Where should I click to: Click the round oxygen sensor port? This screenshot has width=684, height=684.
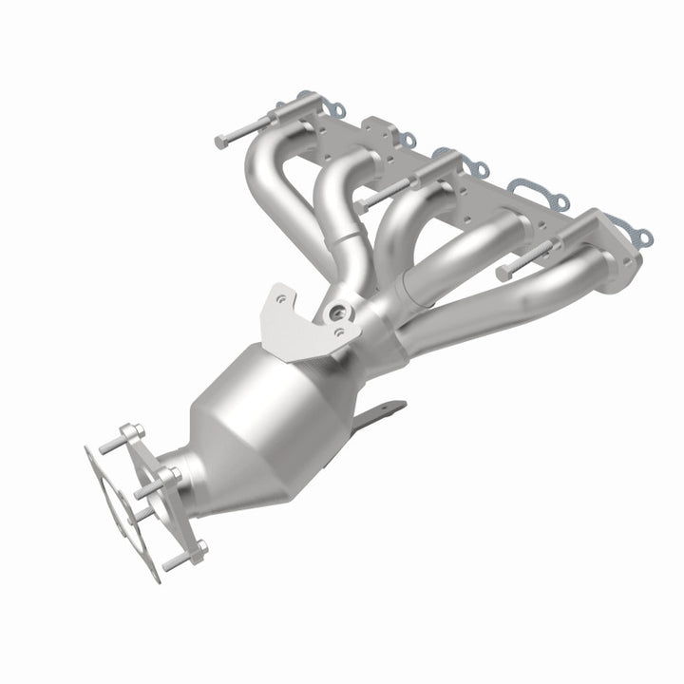[x=335, y=312]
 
